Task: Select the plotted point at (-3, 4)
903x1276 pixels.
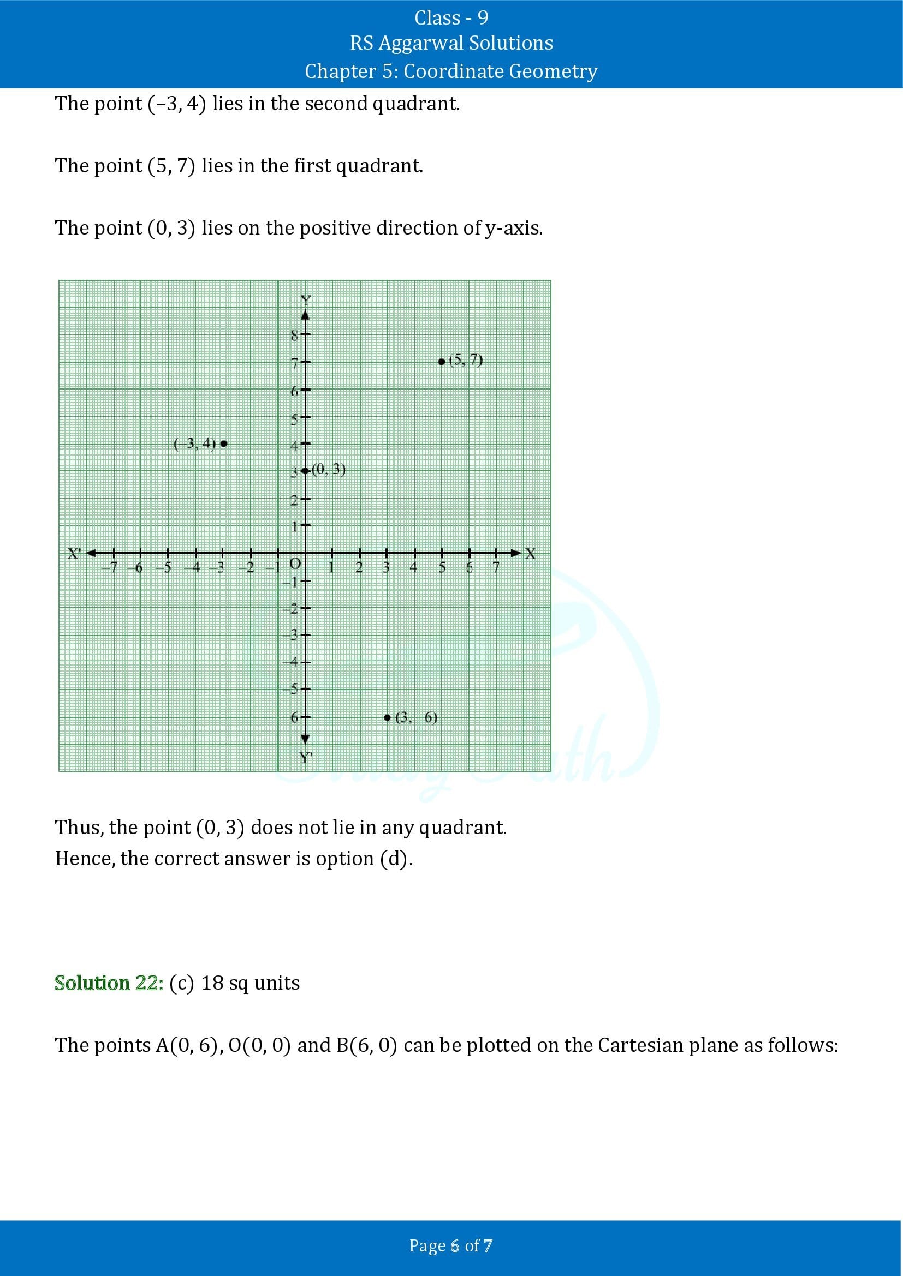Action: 223,443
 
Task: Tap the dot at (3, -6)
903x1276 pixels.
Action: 388,717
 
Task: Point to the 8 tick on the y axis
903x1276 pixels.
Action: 305,334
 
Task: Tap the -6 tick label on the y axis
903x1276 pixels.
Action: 294,717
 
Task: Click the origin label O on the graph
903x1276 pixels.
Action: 295,564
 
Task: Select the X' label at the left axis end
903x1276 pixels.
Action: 74,554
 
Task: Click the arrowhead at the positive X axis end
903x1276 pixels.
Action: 515,553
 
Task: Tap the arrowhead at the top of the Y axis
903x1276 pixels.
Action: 305,315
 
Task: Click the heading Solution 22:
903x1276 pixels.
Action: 109,983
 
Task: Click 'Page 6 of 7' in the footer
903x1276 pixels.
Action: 451,1245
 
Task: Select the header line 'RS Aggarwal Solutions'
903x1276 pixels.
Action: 451,43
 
